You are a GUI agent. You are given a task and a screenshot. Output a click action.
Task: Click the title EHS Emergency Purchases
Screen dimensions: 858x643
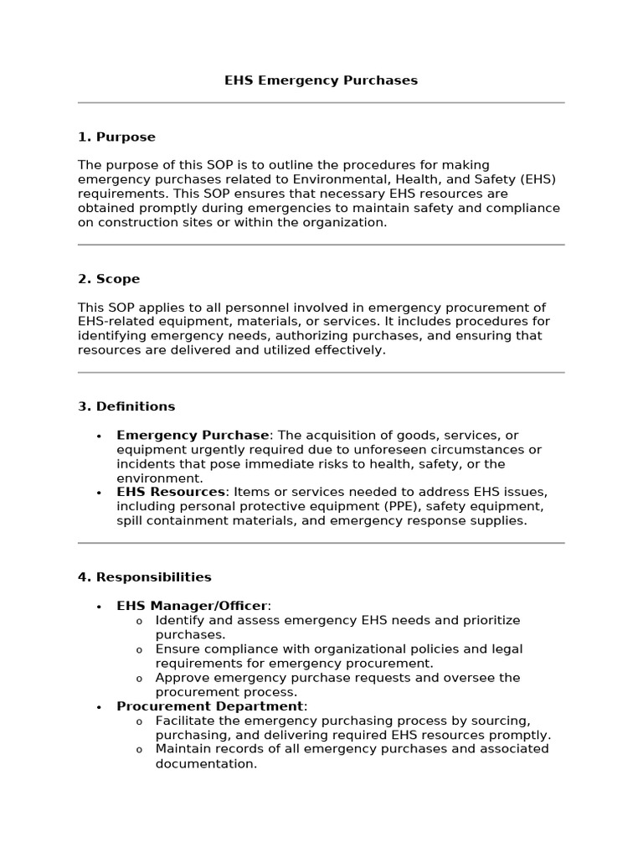coord(321,80)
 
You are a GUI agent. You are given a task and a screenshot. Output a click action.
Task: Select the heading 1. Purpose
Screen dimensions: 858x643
coord(116,137)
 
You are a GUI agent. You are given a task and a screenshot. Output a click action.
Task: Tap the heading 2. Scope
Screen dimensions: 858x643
coord(109,278)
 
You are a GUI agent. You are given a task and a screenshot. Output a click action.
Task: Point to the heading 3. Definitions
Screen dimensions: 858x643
coord(126,406)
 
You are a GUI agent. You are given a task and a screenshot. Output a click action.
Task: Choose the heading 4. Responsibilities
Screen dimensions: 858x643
coord(145,577)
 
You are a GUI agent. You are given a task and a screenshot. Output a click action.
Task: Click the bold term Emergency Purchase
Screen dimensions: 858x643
coord(193,435)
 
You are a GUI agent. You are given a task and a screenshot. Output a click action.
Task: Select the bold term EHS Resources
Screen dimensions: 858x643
coord(171,492)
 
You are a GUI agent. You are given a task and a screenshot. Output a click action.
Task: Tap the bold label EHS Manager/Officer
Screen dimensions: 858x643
coord(192,606)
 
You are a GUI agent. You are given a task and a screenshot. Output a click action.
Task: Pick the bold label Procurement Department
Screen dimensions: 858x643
coord(210,706)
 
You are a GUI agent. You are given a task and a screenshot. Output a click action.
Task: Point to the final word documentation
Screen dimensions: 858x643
coord(206,764)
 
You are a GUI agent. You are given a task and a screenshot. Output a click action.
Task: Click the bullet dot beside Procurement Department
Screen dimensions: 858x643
coord(99,707)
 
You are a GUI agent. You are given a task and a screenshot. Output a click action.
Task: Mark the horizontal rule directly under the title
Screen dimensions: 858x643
coord(321,103)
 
